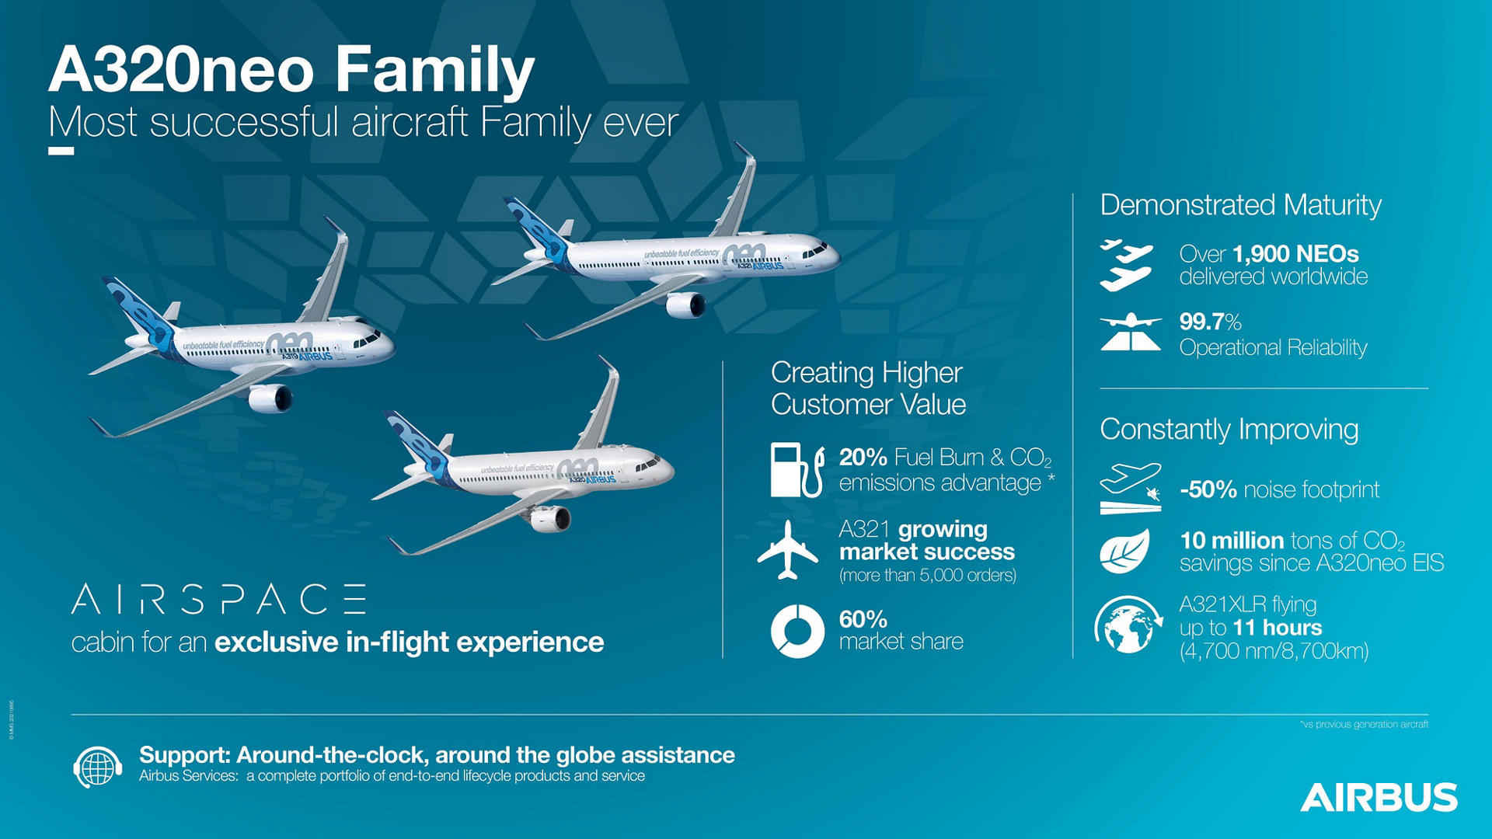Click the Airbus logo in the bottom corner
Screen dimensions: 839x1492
coord(1379,797)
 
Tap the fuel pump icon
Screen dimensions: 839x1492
coord(797,470)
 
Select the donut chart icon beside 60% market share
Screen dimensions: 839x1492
coord(797,631)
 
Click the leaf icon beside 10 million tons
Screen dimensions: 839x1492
coord(1124,552)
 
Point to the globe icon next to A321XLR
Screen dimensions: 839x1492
coord(1128,625)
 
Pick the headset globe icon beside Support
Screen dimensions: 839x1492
coord(98,767)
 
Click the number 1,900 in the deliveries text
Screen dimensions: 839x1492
coord(1257,254)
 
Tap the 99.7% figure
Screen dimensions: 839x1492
coord(1210,322)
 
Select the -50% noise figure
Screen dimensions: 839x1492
coord(1208,489)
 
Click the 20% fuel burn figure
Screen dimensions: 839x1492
coord(863,458)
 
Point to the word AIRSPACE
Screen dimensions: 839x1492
coord(218,600)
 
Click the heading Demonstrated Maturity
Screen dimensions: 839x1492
coord(1240,205)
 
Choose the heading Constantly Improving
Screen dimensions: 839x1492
coord(1229,429)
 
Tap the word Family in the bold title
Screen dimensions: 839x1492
coord(434,70)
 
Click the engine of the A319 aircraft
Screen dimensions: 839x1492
coord(270,399)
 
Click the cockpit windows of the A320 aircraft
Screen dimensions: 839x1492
coord(645,466)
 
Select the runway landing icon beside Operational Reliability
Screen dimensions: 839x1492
coord(1130,332)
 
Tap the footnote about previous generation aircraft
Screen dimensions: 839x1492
coord(1364,724)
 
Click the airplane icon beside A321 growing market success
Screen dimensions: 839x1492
coord(788,550)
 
